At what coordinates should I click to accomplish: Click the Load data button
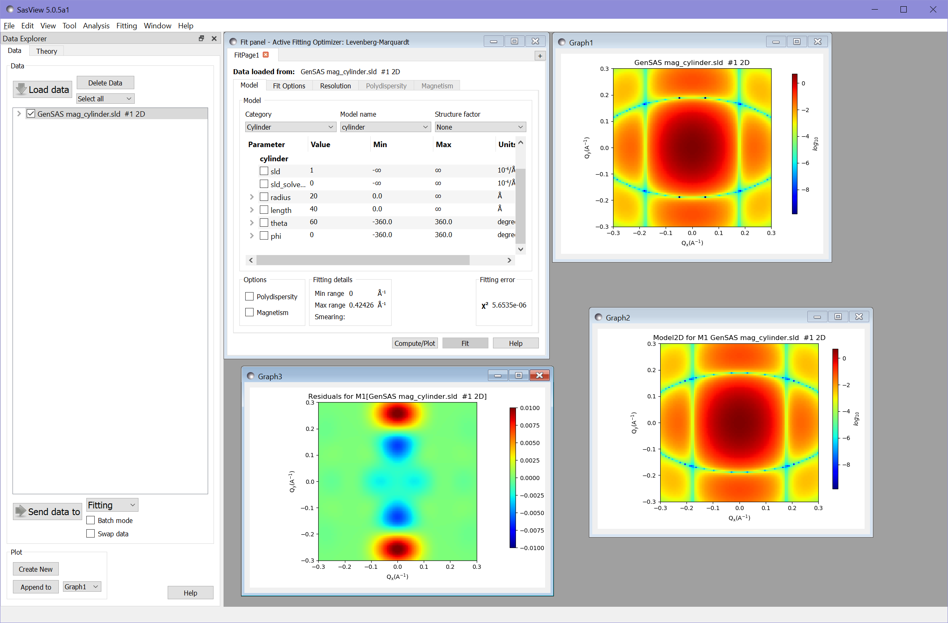(x=43, y=90)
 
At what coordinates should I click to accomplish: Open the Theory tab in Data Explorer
(x=46, y=51)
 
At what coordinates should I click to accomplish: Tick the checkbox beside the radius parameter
(x=264, y=197)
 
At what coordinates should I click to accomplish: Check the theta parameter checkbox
(x=264, y=223)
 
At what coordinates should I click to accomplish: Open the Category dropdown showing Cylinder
(x=290, y=127)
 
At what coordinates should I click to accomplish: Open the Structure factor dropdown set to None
(x=480, y=127)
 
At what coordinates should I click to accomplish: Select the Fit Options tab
(x=289, y=86)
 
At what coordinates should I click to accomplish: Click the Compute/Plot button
(x=414, y=343)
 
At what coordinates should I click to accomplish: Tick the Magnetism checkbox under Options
(x=249, y=312)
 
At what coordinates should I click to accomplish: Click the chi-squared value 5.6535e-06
(x=509, y=305)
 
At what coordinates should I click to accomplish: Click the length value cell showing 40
(x=314, y=209)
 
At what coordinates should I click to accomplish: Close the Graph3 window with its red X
(x=539, y=375)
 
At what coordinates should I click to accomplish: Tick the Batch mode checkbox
(x=91, y=520)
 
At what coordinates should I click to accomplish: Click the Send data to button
(x=48, y=512)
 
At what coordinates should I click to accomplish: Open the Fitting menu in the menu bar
(x=126, y=26)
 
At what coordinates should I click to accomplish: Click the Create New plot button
(x=35, y=569)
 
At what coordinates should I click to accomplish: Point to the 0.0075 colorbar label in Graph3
(x=530, y=425)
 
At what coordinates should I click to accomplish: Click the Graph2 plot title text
(x=739, y=338)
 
